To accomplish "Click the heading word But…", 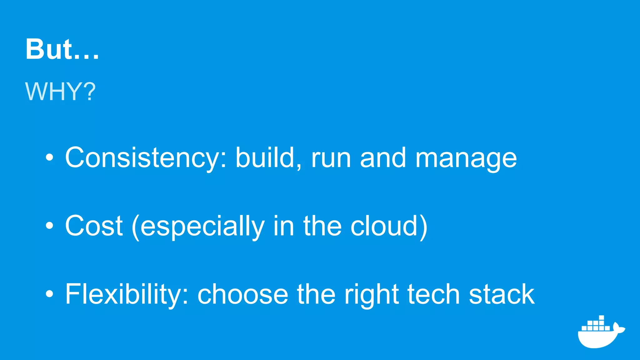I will [x=62, y=49].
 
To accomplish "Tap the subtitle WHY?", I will [x=60, y=92].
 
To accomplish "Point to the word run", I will [x=331, y=159].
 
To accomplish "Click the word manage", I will [x=466, y=159].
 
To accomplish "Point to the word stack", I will [x=502, y=294].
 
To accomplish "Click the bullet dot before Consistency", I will [x=49, y=158].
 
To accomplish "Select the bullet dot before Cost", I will [x=49, y=226].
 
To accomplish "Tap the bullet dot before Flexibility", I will [x=49, y=294].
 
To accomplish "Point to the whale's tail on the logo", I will [x=618, y=328].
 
